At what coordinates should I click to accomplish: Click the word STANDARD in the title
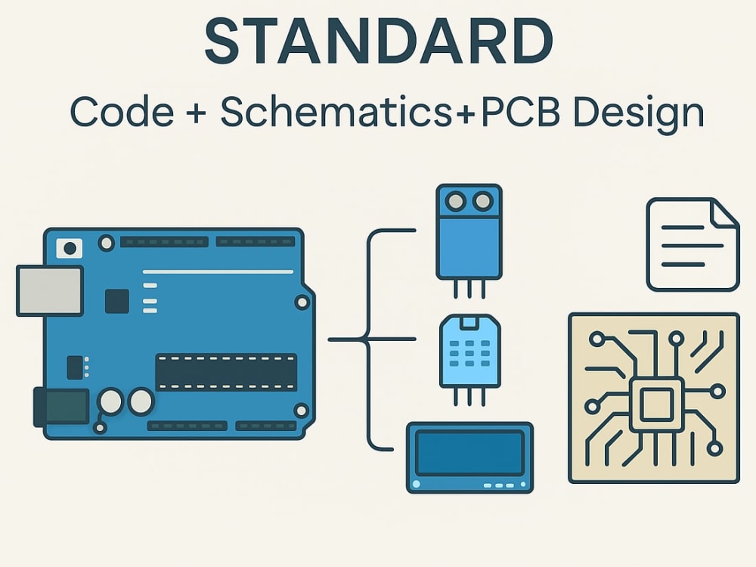click(379, 41)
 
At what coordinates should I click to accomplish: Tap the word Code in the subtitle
click(122, 112)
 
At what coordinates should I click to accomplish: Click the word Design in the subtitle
click(639, 114)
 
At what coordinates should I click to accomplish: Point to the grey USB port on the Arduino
click(50, 291)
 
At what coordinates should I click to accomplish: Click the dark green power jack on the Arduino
click(62, 407)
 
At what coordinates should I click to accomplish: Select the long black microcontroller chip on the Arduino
click(225, 372)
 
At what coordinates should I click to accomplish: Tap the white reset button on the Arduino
click(70, 248)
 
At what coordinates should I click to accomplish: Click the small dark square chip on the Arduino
click(116, 302)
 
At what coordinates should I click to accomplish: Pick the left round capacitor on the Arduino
click(110, 401)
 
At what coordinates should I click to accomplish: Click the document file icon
click(692, 244)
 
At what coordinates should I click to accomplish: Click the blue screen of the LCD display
click(469, 453)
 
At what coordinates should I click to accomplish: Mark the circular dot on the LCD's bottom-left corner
click(416, 484)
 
